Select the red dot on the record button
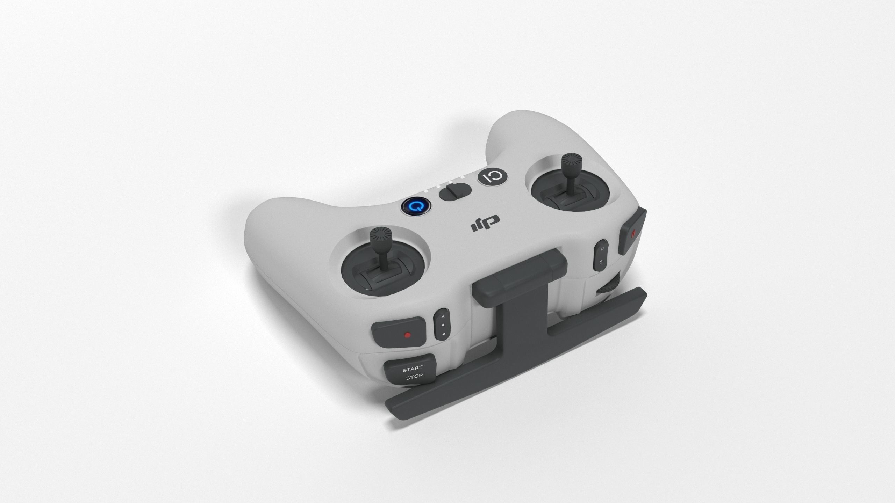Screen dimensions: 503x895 click(407, 335)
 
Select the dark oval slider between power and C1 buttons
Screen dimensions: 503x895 click(455, 192)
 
